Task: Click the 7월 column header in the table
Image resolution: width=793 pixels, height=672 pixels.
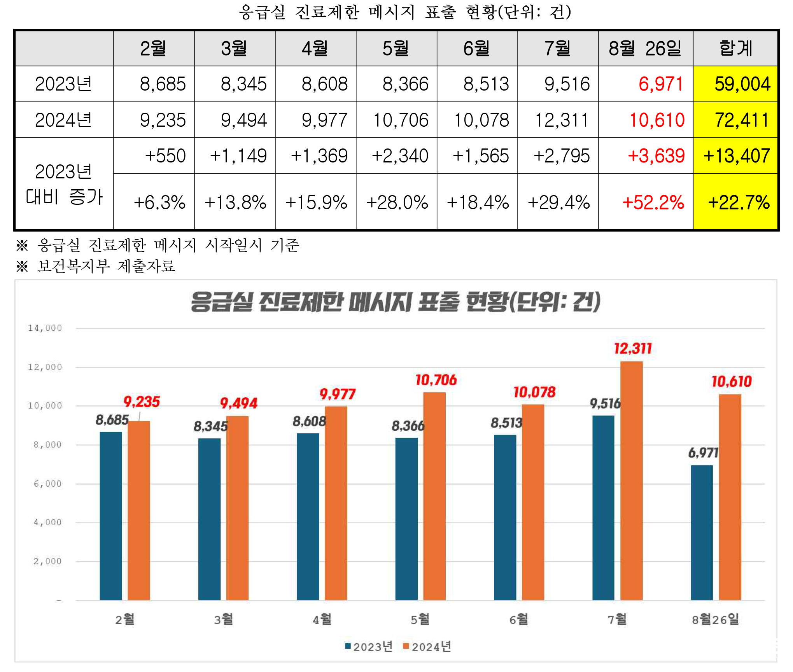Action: (557, 49)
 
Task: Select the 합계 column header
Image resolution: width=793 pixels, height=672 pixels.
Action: (735, 49)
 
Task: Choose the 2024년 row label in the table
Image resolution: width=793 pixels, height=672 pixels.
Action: (63, 120)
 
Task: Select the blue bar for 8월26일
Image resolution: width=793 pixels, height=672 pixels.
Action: (702, 532)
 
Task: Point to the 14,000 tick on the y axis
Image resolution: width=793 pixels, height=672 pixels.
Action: (45, 328)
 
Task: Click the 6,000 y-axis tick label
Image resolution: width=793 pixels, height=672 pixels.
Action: (47, 484)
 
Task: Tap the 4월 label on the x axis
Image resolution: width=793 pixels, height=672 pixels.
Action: (322, 619)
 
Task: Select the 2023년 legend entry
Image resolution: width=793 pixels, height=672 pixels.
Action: (369, 647)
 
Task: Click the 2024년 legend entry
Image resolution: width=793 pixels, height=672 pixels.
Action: (427, 647)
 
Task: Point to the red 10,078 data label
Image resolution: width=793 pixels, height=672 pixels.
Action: (534, 393)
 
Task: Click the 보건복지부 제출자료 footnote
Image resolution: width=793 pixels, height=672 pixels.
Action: (106, 267)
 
